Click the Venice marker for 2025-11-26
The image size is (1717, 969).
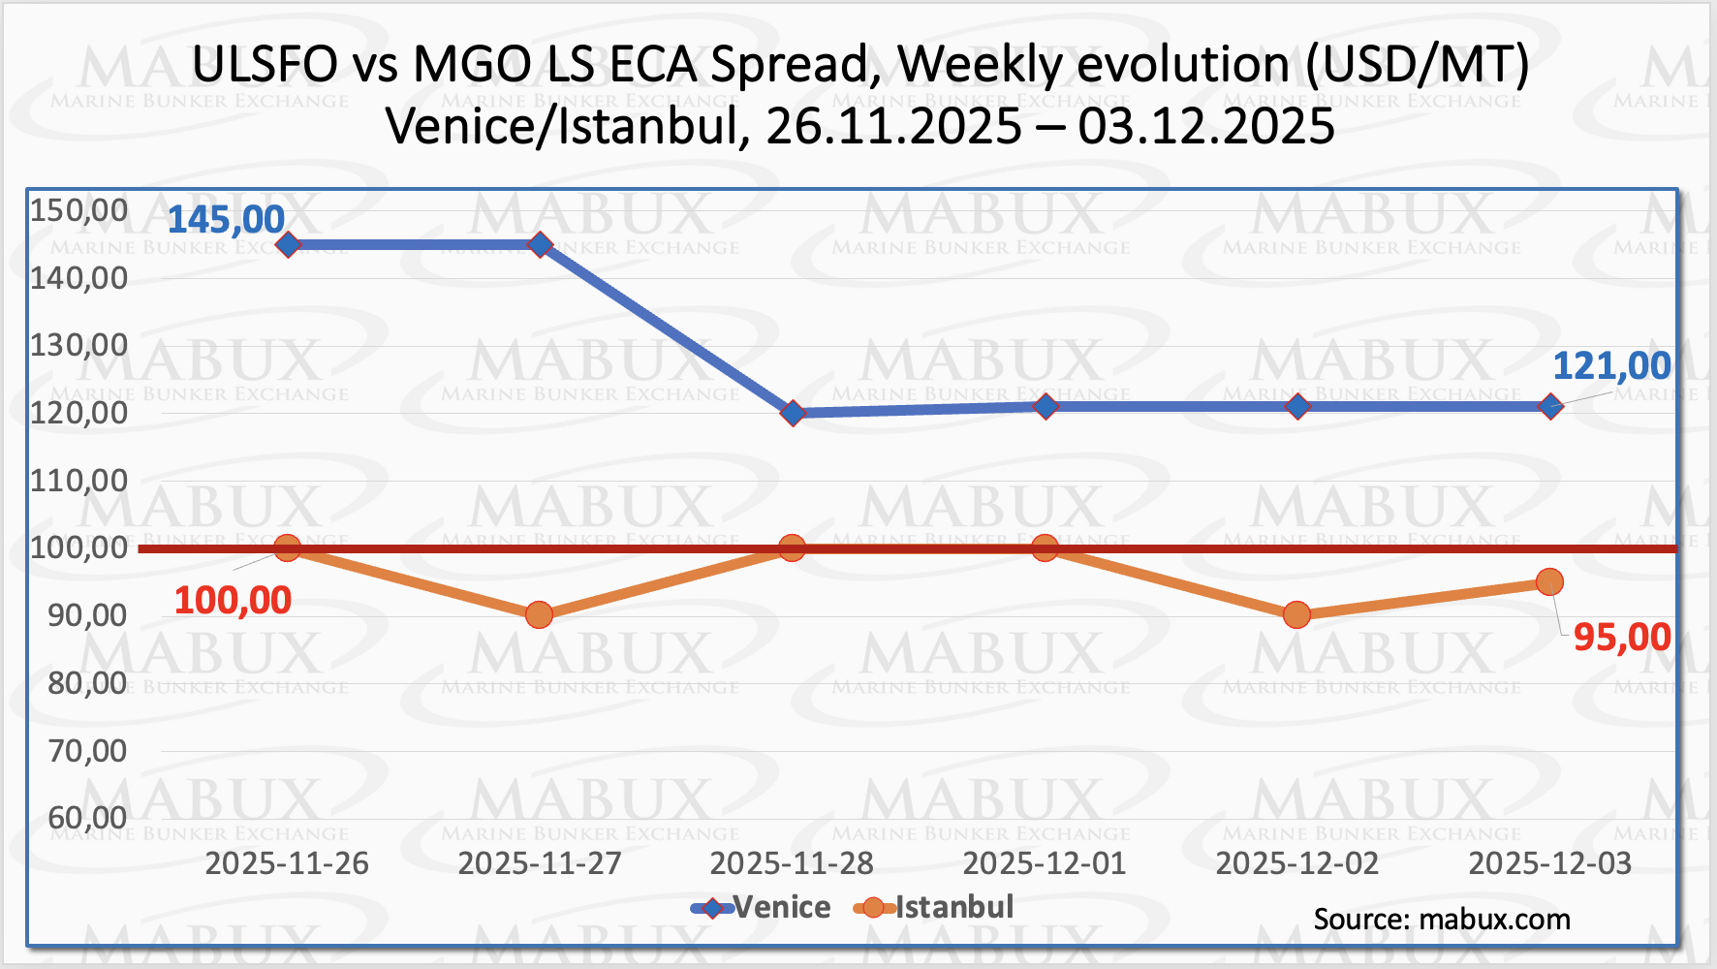coord(288,244)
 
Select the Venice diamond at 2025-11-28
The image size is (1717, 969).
coord(793,414)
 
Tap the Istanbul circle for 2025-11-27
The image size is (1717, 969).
coord(540,615)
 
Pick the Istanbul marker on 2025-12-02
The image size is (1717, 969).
coord(1296,615)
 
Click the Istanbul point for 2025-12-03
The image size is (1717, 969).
coord(1549,582)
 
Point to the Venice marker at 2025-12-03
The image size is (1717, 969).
coord(1549,407)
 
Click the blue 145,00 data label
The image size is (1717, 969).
coord(226,220)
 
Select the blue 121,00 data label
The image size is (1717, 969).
coord(1611,366)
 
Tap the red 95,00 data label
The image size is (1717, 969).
coord(1621,638)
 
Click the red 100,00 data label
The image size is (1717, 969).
coord(233,601)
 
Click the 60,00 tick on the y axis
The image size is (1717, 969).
coord(87,818)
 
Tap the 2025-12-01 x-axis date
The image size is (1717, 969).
coord(1045,863)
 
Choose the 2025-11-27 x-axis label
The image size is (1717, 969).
coord(540,863)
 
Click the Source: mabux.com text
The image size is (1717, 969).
coord(1442,920)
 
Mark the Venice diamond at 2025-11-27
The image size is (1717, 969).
coord(540,244)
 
